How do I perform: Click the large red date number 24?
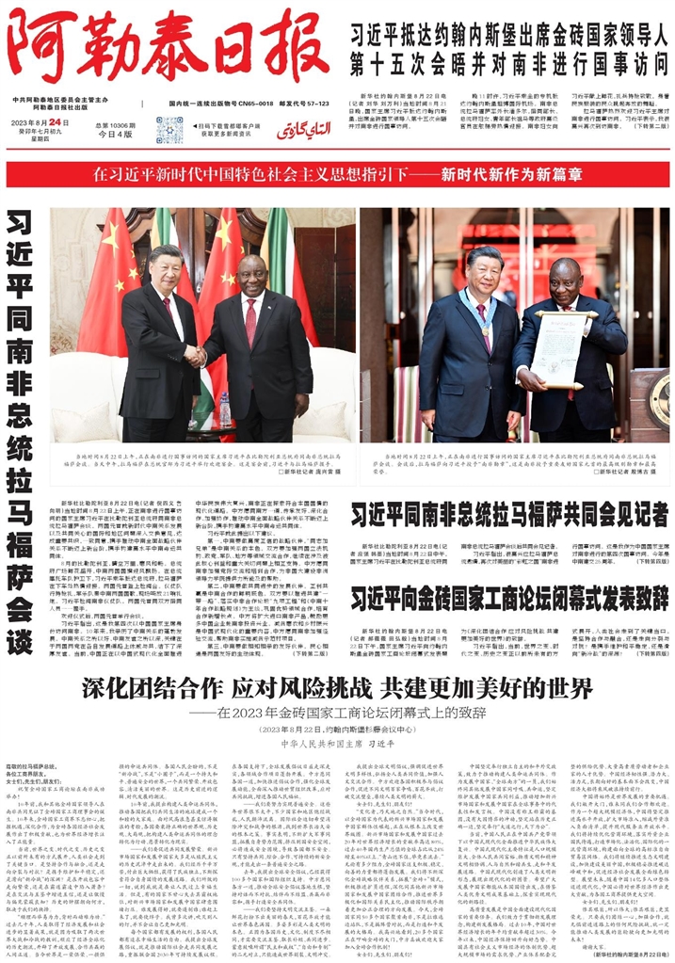click(58, 122)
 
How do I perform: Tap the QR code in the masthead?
click(170, 130)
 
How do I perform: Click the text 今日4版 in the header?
click(115, 135)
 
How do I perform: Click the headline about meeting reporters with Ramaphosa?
click(509, 514)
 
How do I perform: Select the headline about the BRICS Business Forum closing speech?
click(509, 599)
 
